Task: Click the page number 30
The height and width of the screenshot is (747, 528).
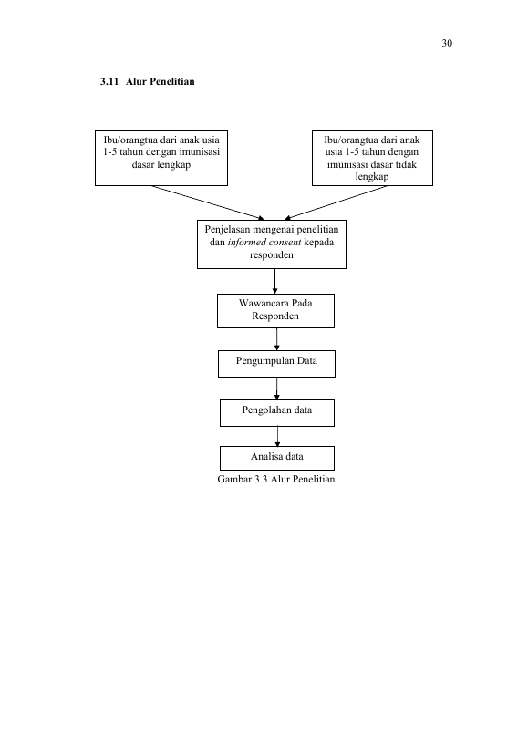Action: coord(447,44)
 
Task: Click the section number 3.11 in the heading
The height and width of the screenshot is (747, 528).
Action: coord(109,81)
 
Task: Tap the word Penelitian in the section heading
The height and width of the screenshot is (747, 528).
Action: coord(171,81)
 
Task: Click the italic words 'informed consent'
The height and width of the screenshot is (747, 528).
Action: coord(264,242)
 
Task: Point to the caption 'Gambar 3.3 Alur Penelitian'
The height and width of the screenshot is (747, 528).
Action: coord(276,479)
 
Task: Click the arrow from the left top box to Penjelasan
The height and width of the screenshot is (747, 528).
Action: coord(208,203)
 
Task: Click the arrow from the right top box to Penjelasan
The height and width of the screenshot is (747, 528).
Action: coord(336,203)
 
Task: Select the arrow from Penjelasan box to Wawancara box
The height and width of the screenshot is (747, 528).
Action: coord(274,282)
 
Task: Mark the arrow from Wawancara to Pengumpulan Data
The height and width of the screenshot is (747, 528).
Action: coord(276,339)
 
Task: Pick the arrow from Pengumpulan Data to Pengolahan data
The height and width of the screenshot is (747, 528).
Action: coord(276,389)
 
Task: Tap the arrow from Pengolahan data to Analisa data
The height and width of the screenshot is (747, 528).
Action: coord(277,436)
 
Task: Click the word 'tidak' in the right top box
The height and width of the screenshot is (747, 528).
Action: coord(406,164)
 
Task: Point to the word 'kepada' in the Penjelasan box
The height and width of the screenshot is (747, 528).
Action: coord(318,243)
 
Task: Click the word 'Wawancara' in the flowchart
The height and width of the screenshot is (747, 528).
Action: coord(263,303)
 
